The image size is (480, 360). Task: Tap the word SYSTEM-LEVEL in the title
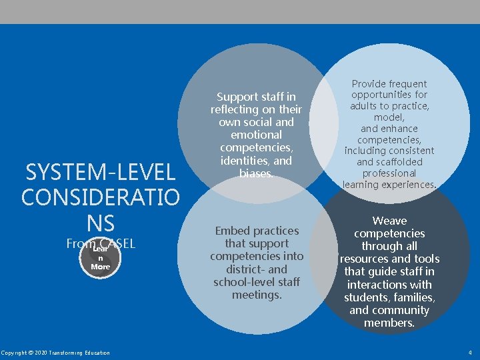pyautogui.click(x=100, y=173)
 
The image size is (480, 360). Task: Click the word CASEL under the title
pyautogui.click(x=117, y=244)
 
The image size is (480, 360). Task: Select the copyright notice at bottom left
pyautogui.click(x=55, y=353)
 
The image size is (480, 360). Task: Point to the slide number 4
pyautogui.click(x=470, y=353)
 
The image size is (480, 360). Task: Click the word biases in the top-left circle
pyautogui.click(x=256, y=173)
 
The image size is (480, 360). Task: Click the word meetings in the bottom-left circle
pyautogui.click(x=256, y=294)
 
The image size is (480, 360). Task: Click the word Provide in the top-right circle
pyautogui.click(x=373, y=84)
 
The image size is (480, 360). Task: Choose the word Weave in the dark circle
pyautogui.click(x=389, y=221)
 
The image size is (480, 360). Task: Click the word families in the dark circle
pyautogui.click(x=412, y=297)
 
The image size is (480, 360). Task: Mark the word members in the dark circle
pyautogui.click(x=389, y=323)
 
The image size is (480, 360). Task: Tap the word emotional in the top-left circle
pyautogui.click(x=256, y=135)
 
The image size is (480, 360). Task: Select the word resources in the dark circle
pyautogui.click(x=367, y=259)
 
